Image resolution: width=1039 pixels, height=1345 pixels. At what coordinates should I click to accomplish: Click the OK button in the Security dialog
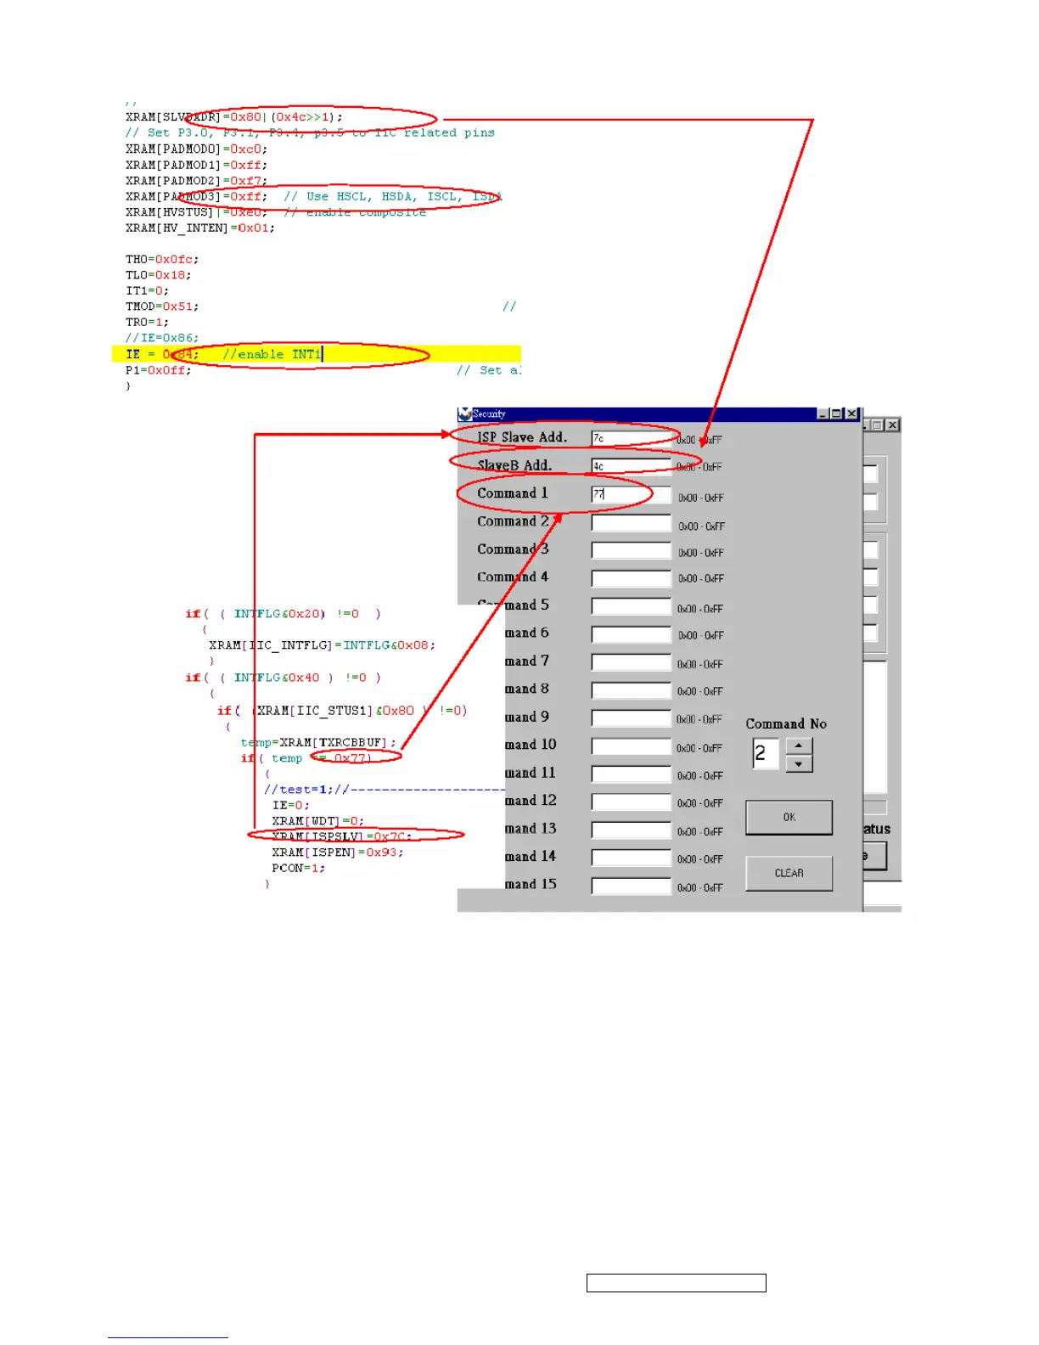click(x=789, y=817)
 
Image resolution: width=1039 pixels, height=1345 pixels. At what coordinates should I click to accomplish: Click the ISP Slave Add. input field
click(x=631, y=438)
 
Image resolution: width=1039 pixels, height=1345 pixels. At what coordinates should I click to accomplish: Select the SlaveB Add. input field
click(x=631, y=466)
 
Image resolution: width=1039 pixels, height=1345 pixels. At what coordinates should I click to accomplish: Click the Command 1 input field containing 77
click(x=631, y=494)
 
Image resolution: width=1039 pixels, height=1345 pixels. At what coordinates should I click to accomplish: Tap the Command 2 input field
click(x=631, y=523)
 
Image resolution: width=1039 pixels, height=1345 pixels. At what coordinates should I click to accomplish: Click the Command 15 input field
click(x=631, y=886)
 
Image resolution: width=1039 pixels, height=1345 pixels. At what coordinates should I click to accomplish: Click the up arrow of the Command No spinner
click(x=799, y=746)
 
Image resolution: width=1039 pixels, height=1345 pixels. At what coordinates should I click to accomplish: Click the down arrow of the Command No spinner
click(x=799, y=764)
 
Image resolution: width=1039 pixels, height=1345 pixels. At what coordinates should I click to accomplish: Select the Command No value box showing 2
click(x=765, y=754)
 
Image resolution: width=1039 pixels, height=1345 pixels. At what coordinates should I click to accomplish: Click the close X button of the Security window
click(x=852, y=414)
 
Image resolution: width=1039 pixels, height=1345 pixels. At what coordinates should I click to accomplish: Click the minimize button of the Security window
click(x=823, y=414)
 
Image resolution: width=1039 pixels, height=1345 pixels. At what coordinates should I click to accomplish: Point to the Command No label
click(x=786, y=724)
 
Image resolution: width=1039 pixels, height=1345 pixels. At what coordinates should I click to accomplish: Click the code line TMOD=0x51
click(x=162, y=307)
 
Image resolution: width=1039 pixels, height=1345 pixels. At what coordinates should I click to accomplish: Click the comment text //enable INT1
click(x=272, y=354)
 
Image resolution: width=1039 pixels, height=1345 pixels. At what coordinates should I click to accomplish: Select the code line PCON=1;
click(x=298, y=868)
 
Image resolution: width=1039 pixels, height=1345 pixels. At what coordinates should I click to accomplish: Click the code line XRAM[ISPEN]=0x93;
click(x=337, y=852)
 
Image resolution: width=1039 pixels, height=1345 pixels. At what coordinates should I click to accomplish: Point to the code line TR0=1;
click(x=147, y=323)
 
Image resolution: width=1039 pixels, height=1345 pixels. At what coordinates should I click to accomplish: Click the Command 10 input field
click(x=631, y=746)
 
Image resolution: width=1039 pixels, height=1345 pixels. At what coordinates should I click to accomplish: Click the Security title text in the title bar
click(x=489, y=414)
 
